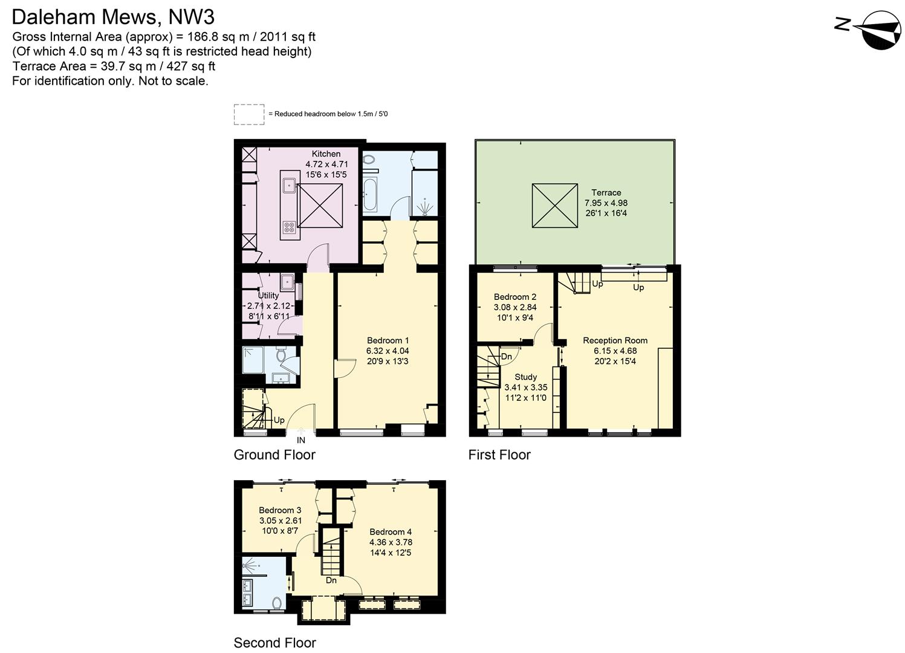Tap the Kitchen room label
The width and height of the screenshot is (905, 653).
click(x=326, y=154)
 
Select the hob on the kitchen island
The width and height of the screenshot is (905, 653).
click(x=289, y=227)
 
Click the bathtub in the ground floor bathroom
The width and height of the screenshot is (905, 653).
click(x=369, y=194)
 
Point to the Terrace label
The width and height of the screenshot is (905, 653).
click(x=606, y=193)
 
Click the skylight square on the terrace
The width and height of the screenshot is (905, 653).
click(x=555, y=206)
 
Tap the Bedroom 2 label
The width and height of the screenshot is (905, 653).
click(x=515, y=297)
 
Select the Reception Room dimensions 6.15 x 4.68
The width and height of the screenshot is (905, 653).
click(x=615, y=351)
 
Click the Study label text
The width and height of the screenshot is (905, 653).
click(x=525, y=377)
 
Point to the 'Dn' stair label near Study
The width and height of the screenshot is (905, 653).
click(x=506, y=356)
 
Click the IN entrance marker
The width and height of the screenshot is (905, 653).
click(x=301, y=440)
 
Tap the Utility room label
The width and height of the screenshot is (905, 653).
click(x=268, y=296)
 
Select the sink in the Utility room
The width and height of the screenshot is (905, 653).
click(x=287, y=282)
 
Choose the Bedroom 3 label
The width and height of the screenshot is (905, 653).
click(x=280, y=510)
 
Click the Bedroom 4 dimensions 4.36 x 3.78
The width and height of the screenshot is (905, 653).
click(x=391, y=542)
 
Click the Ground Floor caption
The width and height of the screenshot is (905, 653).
click(x=274, y=455)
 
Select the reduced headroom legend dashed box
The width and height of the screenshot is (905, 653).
click(x=249, y=114)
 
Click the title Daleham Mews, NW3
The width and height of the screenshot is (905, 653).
click(x=113, y=17)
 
